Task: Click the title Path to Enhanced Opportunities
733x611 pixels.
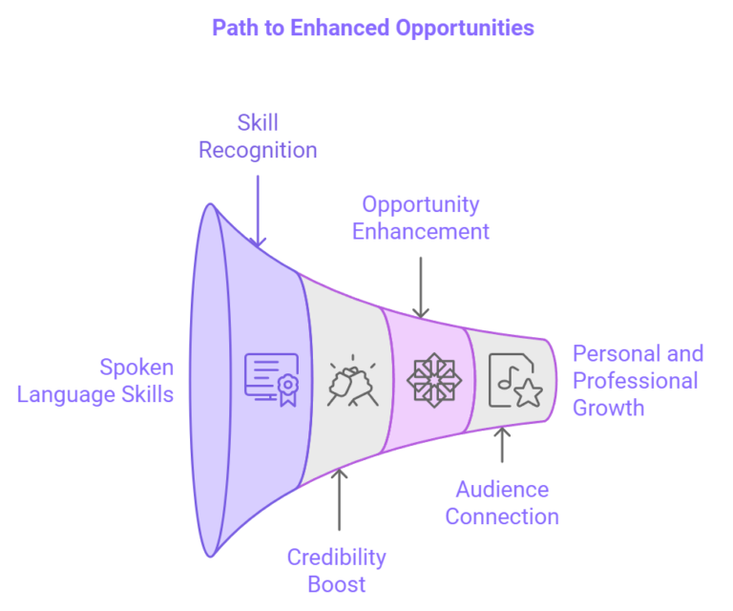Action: coord(372,28)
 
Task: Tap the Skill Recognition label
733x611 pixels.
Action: coord(258,137)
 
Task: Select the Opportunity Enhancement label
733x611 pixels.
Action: coord(421,218)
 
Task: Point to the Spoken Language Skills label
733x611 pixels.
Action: coord(95,380)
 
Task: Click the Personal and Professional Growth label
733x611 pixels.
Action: coord(636,381)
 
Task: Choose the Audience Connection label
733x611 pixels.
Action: coord(502,503)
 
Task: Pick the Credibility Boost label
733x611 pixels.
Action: coord(337,570)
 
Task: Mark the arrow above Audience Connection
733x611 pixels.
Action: coord(503,446)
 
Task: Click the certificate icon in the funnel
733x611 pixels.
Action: coord(272,378)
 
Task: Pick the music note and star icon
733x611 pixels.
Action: coord(516,380)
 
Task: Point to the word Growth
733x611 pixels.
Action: coord(608,408)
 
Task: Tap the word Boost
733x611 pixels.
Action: coord(337,583)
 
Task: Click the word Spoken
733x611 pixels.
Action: coord(137,367)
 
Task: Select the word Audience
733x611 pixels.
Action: coord(502,490)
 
